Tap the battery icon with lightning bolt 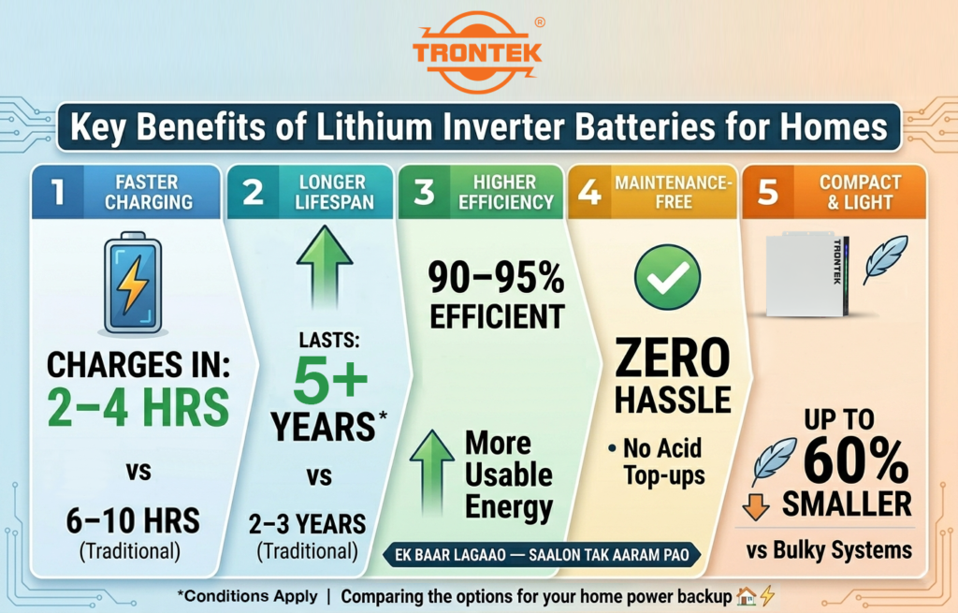tap(133, 285)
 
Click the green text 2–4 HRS tap(139, 407)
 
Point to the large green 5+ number tap(319, 378)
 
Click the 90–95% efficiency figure tap(497, 278)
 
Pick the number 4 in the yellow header tap(590, 192)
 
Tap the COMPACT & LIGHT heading tap(860, 192)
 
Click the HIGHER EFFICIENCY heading tap(504, 192)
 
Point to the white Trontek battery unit tap(806, 275)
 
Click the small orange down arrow tap(755, 505)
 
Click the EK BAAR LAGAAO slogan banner tap(542, 555)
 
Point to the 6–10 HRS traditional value tap(131, 520)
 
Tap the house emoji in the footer tap(747, 595)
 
